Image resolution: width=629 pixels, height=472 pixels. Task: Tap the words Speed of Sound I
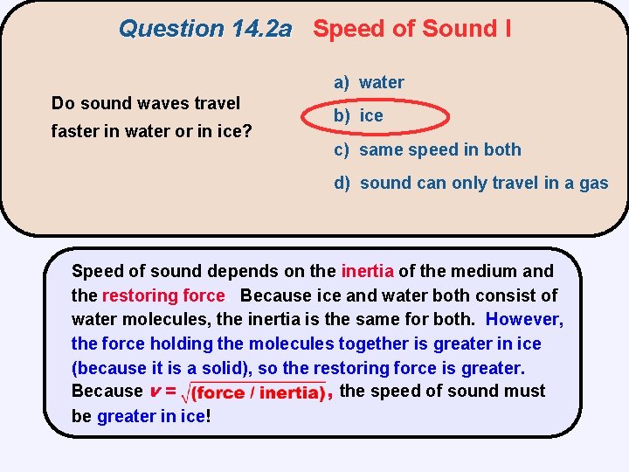pyautogui.click(x=412, y=29)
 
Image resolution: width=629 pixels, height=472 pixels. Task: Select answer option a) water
pyautogui.click(x=369, y=83)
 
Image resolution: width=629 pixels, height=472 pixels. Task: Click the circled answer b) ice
pyautogui.click(x=359, y=116)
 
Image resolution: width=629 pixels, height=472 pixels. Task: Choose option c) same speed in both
pyautogui.click(x=427, y=150)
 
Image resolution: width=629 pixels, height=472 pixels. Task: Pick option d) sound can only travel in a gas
pyautogui.click(x=471, y=184)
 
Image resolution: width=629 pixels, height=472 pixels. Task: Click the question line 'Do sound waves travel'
pyautogui.click(x=146, y=103)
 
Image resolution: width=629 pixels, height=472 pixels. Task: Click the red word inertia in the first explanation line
pyautogui.click(x=367, y=271)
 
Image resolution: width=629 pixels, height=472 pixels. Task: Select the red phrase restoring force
pyautogui.click(x=163, y=295)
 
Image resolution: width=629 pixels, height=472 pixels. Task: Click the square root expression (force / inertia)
pyautogui.click(x=256, y=392)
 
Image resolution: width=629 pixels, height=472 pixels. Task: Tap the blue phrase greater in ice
pyautogui.click(x=149, y=417)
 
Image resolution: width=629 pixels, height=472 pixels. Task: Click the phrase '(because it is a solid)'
pyautogui.click(x=155, y=368)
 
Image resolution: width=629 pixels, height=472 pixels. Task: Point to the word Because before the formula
pyautogui.click(x=107, y=392)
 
